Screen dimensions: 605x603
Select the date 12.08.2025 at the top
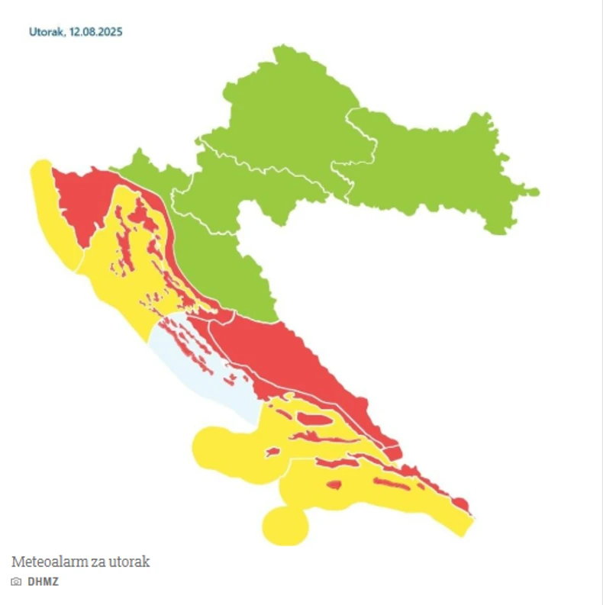(95, 32)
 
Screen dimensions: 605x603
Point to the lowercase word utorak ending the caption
(131, 562)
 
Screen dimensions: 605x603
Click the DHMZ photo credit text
(43, 581)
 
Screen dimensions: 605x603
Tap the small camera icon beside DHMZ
(17, 581)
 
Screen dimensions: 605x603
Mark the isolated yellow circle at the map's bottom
(284, 525)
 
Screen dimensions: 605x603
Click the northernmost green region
(290, 107)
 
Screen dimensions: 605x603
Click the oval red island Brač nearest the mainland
(311, 418)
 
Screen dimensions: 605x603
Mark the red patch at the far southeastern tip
(460, 503)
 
